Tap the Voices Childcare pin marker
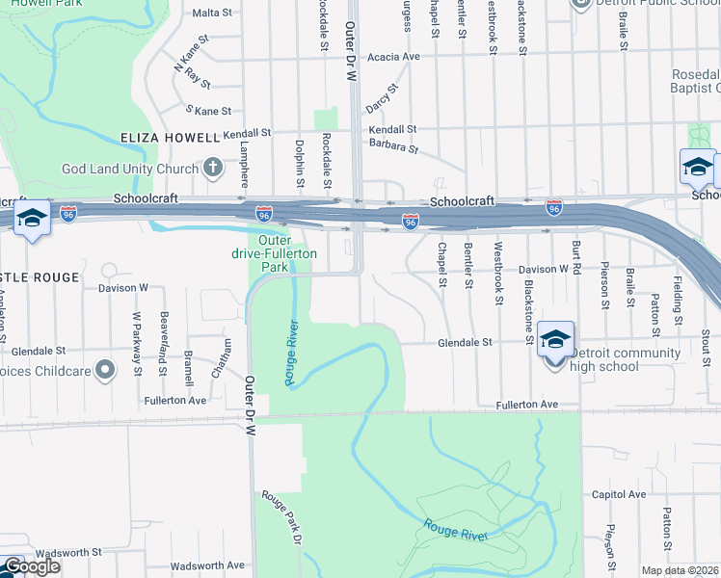pos(106,370)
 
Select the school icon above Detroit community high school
pos(555,339)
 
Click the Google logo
pos(31,566)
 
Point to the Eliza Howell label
pos(170,138)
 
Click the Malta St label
pos(213,13)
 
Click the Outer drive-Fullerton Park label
pos(274,253)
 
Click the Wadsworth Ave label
pos(207,565)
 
